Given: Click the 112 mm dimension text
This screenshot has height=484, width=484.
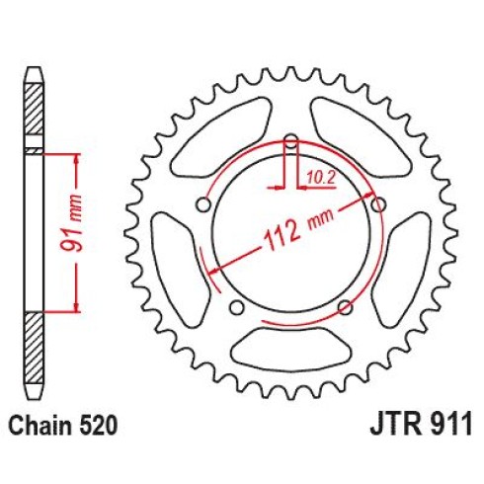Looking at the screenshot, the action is click(x=298, y=231).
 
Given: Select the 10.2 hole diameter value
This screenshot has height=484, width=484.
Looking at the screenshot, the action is click(x=321, y=178).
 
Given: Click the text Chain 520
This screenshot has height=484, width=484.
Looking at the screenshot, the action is click(x=62, y=425).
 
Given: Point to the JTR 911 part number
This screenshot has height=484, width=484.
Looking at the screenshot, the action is click(x=421, y=425).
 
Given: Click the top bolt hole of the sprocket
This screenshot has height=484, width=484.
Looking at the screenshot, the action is click(x=290, y=141).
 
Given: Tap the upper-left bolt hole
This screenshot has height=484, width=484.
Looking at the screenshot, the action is click(x=203, y=204).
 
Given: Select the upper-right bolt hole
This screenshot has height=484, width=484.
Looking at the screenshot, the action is click(x=378, y=204).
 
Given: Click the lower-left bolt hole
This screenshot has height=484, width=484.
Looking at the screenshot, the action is click(x=237, y=307).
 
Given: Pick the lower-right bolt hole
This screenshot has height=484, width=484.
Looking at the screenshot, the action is click(x=345, y=307).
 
